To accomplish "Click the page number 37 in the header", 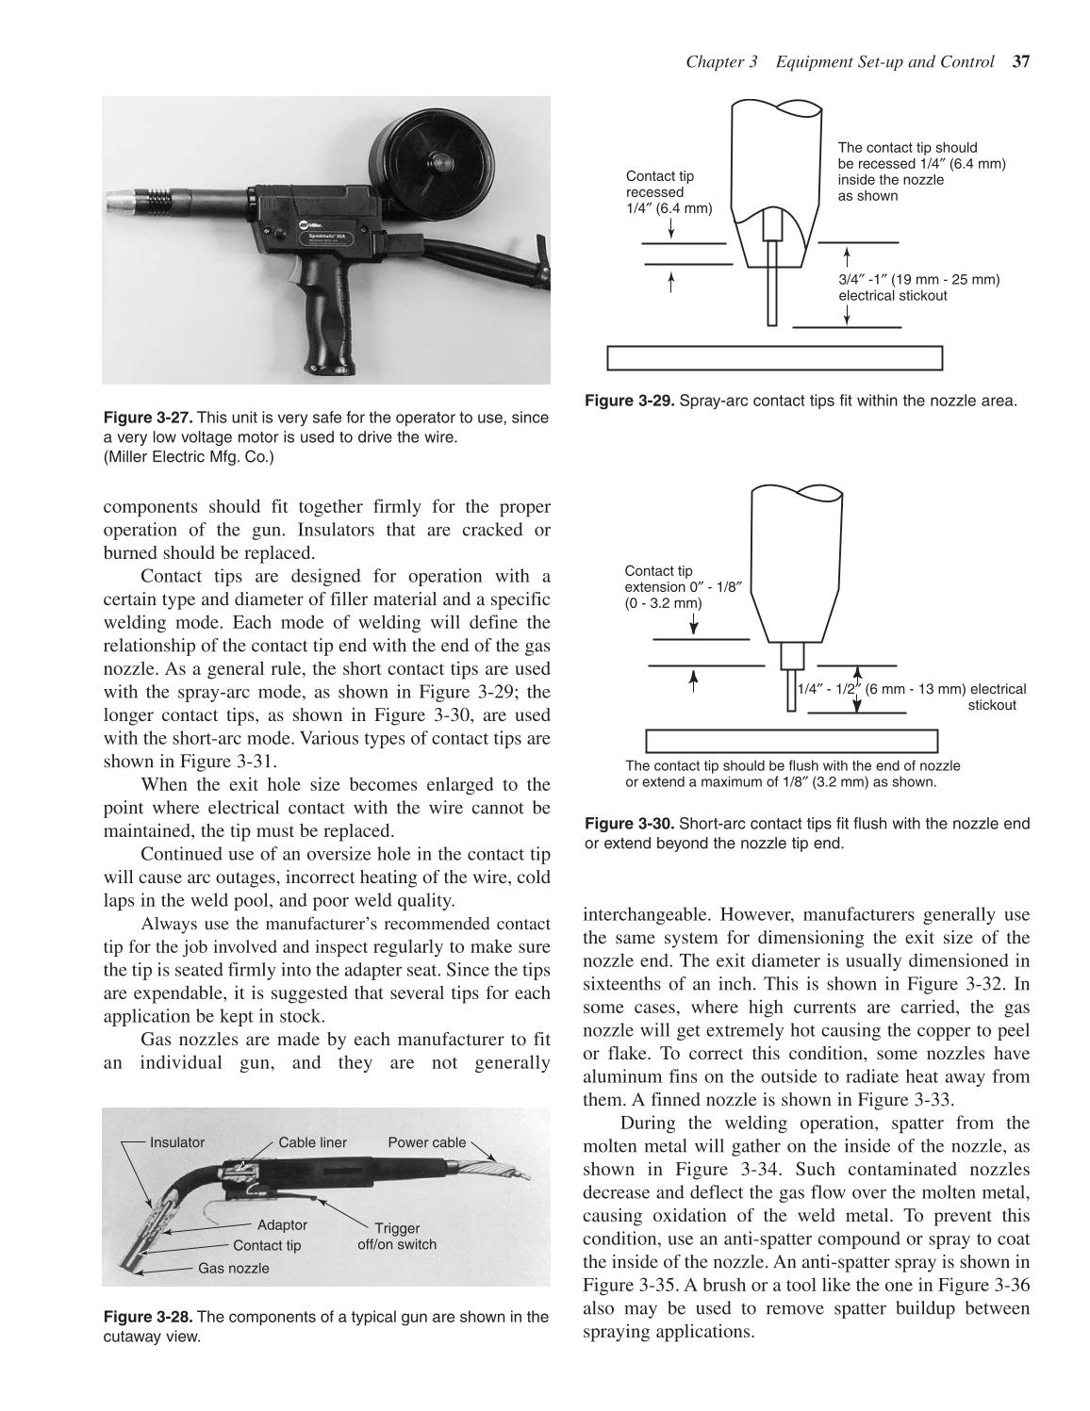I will tap(1018, 62).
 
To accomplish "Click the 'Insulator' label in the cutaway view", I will tap(177, 1142).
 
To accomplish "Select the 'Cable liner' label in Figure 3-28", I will tap(312, 1142).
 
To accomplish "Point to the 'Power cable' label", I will tap(426, 1142).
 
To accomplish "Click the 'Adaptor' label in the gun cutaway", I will tap(282, 1224).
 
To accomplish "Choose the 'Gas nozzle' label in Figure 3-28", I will tap(233, 1268).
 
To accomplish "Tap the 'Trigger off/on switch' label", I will tap(397, 1236).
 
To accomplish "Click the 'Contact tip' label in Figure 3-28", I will tap(267, 1245).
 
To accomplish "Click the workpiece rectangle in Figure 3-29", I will tap(774, 359).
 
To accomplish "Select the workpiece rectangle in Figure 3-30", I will tap(791, 740).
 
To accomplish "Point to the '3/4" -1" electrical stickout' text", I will tap(918, 287).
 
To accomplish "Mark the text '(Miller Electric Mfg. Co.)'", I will tap(189, 459).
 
